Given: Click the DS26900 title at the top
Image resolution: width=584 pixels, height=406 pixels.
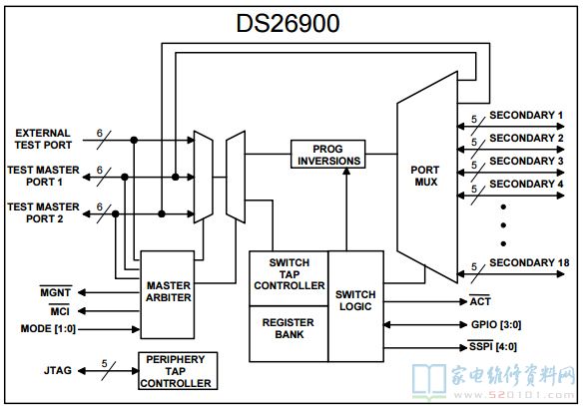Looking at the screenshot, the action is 288,23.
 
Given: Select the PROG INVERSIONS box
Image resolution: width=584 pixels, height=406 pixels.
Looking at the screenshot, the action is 327,154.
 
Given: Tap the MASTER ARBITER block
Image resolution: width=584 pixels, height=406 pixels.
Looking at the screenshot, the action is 168,294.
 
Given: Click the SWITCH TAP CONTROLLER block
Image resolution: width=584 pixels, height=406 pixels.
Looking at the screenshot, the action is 289,278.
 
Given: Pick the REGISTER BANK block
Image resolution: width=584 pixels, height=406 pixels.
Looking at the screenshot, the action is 289,334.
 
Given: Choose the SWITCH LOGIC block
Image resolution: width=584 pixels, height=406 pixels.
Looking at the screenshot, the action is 355,306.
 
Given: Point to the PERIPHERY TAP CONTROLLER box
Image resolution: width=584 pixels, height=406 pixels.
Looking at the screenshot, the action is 178,371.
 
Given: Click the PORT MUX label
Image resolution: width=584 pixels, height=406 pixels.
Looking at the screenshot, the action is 425,176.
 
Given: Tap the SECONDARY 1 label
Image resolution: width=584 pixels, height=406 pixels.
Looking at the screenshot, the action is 526,116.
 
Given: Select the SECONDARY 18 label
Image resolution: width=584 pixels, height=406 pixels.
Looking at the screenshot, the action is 529,262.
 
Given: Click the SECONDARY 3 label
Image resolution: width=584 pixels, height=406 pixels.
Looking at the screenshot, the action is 526,162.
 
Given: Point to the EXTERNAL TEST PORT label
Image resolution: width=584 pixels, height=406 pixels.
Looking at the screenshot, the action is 43,139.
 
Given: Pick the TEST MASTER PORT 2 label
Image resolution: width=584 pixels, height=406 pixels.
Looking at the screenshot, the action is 44,212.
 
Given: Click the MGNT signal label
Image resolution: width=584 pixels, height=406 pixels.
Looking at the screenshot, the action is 56,292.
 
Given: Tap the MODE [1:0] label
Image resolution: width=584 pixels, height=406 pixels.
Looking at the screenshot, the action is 48,329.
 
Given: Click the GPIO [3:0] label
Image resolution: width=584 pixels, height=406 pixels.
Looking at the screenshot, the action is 496,324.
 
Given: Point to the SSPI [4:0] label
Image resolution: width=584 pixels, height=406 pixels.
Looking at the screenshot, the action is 493,346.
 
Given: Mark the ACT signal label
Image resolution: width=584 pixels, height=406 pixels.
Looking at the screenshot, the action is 480,300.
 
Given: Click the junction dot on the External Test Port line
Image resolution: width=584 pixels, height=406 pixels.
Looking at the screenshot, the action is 134,141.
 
